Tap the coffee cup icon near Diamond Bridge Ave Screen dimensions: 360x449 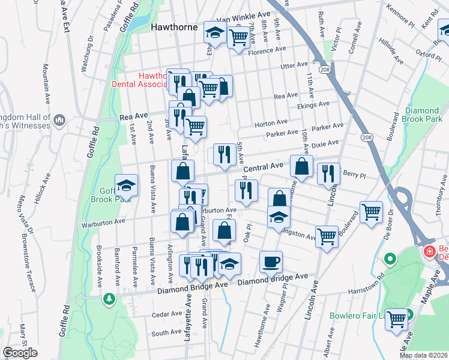pos(270,261)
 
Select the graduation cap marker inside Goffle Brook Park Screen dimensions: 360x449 pos(126,184)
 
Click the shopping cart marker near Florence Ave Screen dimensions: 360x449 pos(239,37)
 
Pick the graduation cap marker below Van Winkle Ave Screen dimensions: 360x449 pos(214,34)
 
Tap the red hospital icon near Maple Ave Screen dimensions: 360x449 pos(430,251)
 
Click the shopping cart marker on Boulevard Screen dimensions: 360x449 pos(372,212)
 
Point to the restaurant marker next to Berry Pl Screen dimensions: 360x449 pos(328,173)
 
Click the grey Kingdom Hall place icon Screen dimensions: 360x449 pos(59,121)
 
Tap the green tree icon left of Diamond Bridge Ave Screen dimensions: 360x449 pos(109,298)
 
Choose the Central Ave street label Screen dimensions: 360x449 pos(262,166)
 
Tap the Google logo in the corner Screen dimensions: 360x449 pos(20,353)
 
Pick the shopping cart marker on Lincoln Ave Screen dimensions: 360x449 pos(326,236)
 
